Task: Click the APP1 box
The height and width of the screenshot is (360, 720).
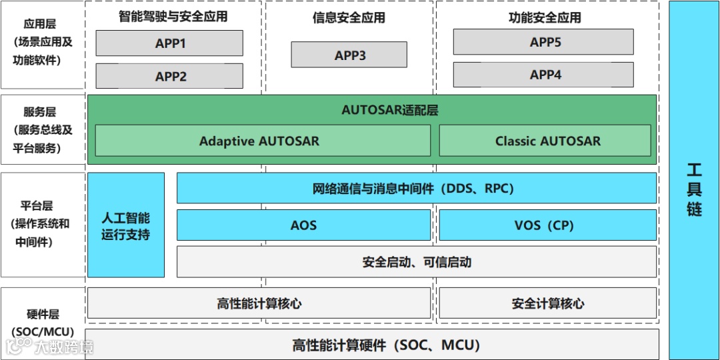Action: [169, 43]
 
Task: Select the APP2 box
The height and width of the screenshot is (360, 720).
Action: [169, 76]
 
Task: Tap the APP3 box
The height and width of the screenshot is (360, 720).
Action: [349, 55]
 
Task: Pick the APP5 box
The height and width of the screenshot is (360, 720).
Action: [543, 42]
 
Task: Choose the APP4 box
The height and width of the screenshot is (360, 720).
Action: [543, 75]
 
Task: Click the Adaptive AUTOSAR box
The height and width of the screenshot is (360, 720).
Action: [259, 141]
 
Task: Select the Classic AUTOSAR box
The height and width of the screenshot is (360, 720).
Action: [545, 141]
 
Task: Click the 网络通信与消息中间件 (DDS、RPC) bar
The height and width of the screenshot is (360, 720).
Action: [416, 188]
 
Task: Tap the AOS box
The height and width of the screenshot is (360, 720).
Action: [303, 225]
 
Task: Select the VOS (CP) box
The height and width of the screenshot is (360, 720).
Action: [547, 225]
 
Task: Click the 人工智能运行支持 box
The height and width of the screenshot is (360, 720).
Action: [126, 225]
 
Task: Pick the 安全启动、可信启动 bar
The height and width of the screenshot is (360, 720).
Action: [416, 262]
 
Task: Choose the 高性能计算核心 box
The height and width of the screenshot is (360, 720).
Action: [259, 303]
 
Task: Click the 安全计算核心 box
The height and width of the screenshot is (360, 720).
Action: [547, 303]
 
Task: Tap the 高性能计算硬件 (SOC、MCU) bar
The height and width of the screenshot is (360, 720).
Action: [372, 345]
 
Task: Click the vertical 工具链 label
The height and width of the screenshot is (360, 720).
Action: [694, 190]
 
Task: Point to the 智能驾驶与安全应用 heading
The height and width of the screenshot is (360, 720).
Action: [173, 17]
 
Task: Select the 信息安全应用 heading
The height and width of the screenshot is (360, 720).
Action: [349, 18]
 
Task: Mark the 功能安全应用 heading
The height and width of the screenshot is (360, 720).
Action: [545, 18]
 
